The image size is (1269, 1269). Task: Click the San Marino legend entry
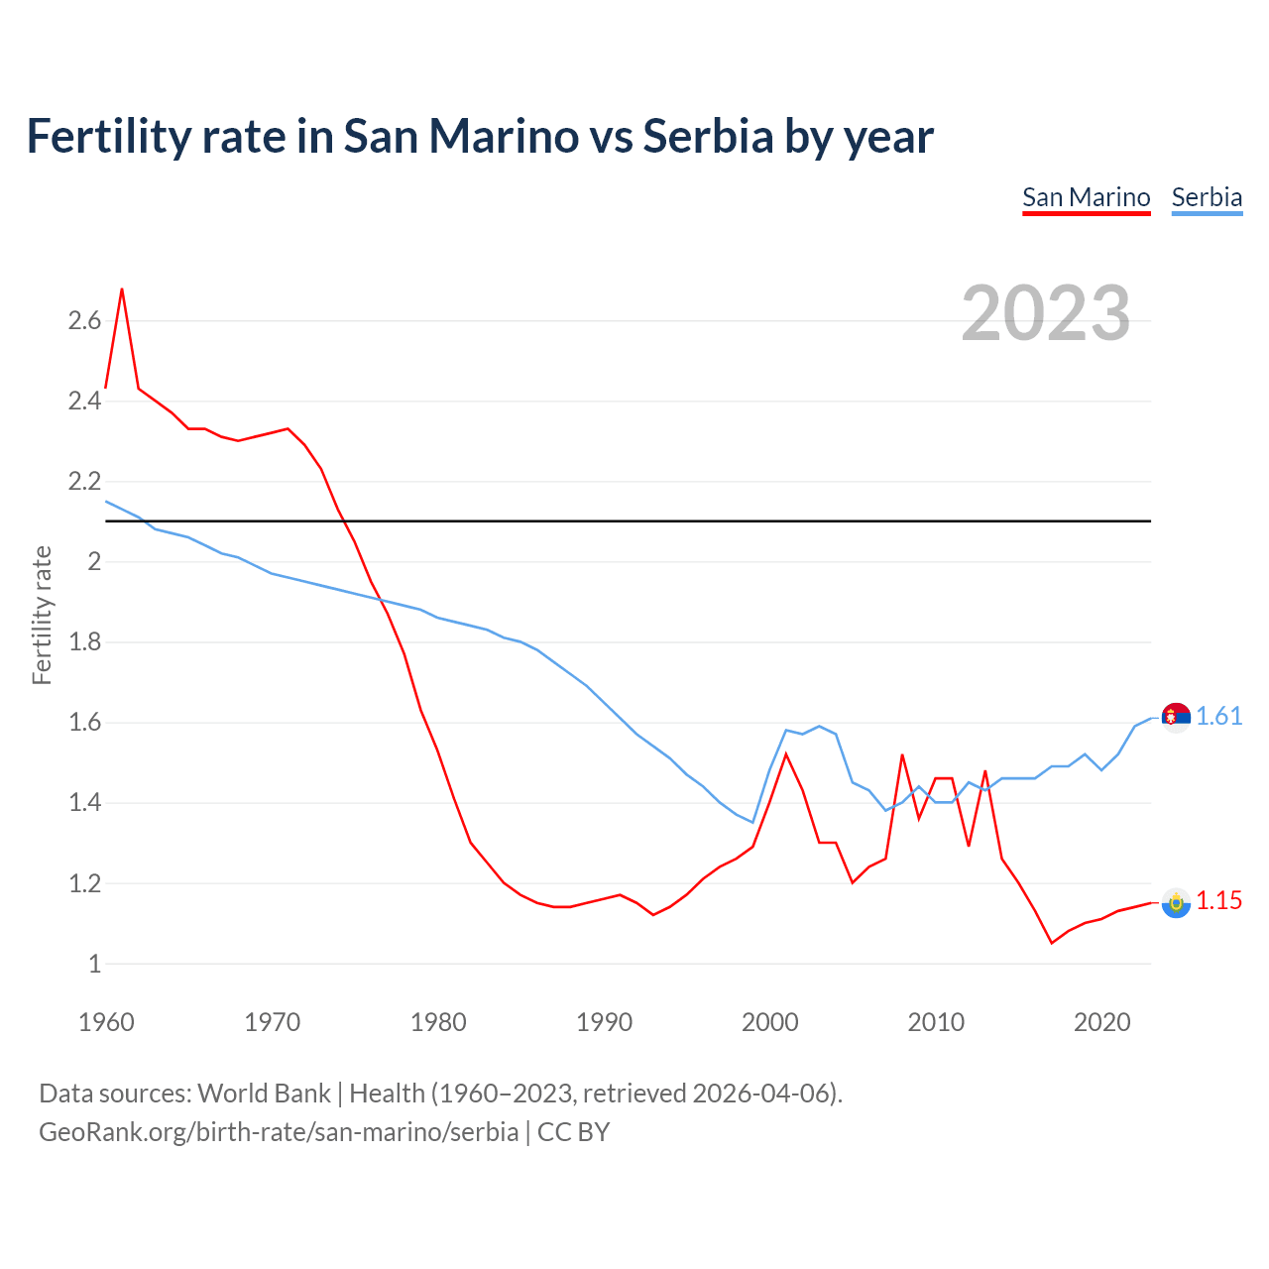pyautogui.click(x=1086, y=197)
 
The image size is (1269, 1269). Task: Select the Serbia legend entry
pyautogui.click(x=1207, y=197)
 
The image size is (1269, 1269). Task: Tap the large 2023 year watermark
pyautogui.click(x=1046, y=313)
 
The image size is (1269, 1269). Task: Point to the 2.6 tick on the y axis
pyautogui.click(x=84, y=320)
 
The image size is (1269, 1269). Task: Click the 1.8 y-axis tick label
pyautogui.click(x=84, y=641)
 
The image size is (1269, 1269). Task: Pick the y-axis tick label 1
pyautogui.click(x=94, y=963)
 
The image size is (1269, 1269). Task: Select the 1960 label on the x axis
pyautogui.click(x=106, y=1022)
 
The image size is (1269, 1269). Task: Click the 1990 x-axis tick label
pyautogui.click(x=604, y=1022)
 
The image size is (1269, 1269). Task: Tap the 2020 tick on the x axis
pyautogui.click(x=1101, y=1022)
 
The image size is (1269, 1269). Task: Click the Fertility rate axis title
pyautogui.click(x=42, y=615)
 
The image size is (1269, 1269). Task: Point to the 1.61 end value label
pyautogui.click(x=1218, y=716)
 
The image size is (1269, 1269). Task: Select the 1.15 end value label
pyautogui.click(x=1218, y=900)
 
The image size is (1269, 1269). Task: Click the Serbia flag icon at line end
pyautogui.click(x=1176, y=717)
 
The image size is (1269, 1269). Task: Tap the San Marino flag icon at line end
pyautogui.click(x=1176, y=902)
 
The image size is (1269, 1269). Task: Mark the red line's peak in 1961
pyautogui.click(x=122, y=289)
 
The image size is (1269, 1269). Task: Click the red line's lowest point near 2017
pyautogui.click(x=1052, y=943)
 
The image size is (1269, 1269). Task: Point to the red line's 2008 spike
pyautogui.click(x=902, y=755)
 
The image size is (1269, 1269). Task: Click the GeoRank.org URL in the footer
pyautogui.click(x=279, y=1131)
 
